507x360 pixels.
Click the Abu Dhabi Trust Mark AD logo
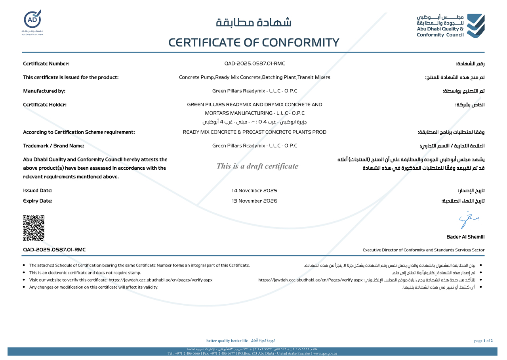click(32, 20)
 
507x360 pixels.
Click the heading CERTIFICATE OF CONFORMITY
click(254, 42)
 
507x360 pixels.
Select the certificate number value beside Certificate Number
click(255, 63)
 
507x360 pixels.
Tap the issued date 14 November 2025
click(255, 191)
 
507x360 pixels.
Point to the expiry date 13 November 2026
click(255, 201)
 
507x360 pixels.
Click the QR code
click(34, 228)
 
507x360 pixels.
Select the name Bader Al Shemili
click(465, 237)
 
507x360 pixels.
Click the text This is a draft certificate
click(257, 166)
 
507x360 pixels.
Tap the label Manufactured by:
click(44, 91)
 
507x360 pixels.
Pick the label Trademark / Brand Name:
click(53, 146)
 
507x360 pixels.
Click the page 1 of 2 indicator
click(483, 341)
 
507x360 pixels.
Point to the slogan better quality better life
click(227, 341)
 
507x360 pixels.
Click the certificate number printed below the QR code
click(54, 249)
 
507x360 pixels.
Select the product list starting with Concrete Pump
click(255, 77)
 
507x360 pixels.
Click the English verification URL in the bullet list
click(160, 280)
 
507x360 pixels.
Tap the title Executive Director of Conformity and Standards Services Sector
click(423, 250)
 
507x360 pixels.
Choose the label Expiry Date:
click(38, 201)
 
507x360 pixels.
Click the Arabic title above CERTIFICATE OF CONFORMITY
click(254, 23)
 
